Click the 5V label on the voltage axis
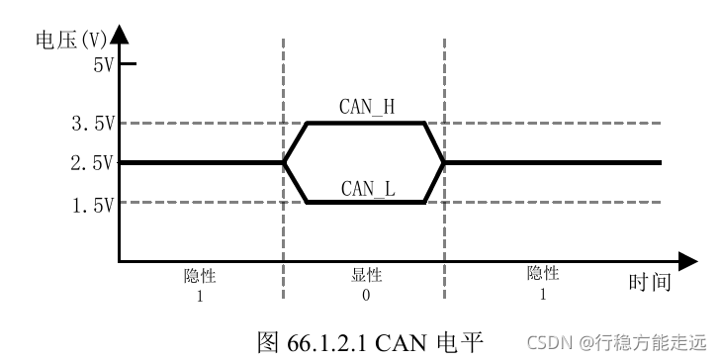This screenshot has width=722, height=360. tap(102, 66)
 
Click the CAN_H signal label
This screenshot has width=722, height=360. tap(367, 108)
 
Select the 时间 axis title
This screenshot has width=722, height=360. tap(650, 283)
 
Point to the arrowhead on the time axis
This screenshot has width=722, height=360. tap(688, 262)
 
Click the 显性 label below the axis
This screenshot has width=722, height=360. tap(366, 276)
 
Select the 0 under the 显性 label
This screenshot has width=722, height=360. tap(366, 295)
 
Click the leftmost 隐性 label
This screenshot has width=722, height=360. tap(200, 276)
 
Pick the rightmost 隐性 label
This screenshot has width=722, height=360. tap(543, 274)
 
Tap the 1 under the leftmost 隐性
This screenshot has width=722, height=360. tap(200, 295)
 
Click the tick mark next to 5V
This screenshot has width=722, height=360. tap(128, 64)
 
